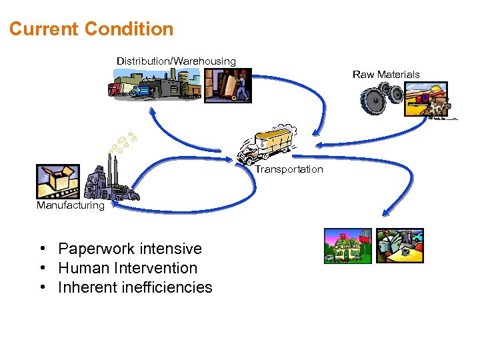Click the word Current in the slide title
(x=43, y=29)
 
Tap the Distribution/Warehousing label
(x=176, y=61)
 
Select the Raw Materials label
(x=386, y=75)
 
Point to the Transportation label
(x=289, y=169)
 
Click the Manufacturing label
(x=71, y=205)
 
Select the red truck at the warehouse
(x=115, y=89)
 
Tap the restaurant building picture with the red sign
(x=346, y=247)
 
